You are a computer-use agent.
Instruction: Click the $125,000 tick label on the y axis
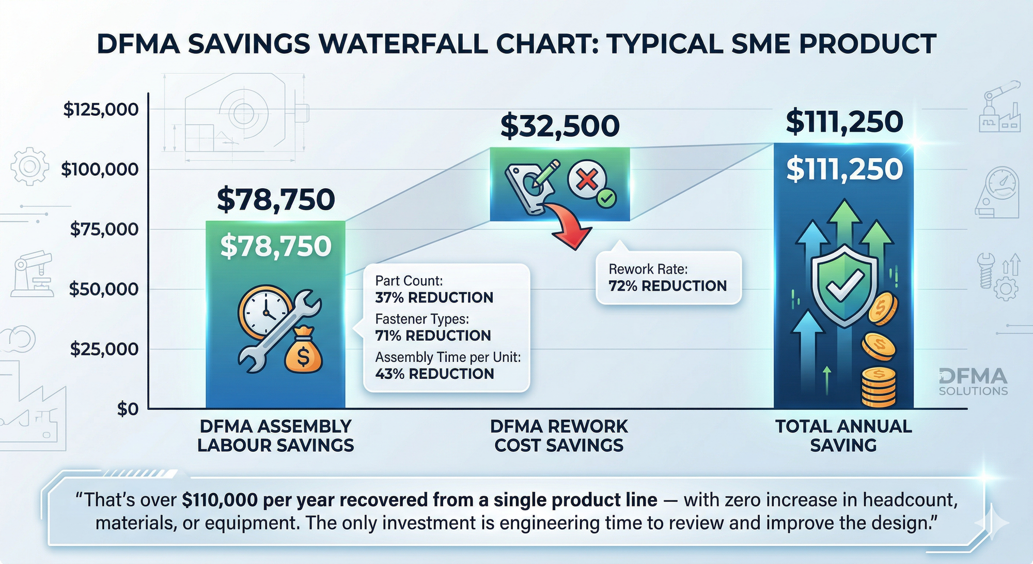coord(101,110)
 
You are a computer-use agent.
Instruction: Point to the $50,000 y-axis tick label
coord(104,289)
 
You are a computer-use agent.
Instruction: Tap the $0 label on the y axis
coord(128,409)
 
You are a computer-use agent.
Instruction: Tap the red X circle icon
coord(587,180)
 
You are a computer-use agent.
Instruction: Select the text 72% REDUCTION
coord(667,286)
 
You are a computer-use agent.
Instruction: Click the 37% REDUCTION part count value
coord(434,298)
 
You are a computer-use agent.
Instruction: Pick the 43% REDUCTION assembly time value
coord(434,374)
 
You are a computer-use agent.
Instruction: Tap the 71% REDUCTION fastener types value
coord(433,336)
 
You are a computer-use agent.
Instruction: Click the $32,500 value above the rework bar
coord(560,126)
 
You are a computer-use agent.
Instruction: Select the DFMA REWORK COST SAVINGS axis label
coord(559,436)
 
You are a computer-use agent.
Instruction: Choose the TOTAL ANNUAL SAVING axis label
coord(843,436)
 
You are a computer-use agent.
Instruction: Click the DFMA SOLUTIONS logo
coord(973,382)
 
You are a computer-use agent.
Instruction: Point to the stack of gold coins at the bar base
coord(878,387)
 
